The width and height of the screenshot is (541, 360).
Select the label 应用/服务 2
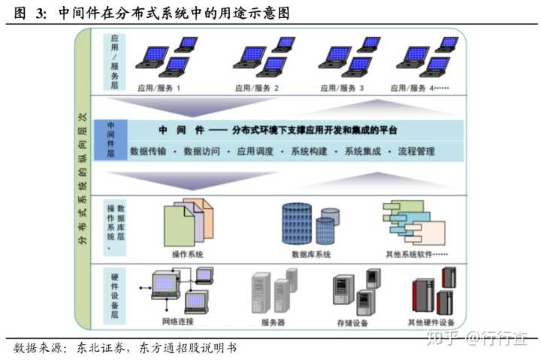(256, 88)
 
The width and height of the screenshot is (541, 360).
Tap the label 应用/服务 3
(342, 88)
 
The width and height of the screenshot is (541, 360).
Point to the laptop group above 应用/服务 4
(427, 57)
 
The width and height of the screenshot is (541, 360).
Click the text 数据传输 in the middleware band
(148, 151)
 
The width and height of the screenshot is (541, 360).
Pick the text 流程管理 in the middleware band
(416, 151)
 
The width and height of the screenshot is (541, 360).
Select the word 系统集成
(363, 151)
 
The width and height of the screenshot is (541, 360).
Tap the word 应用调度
(255, 151)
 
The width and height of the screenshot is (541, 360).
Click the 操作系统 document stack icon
(184, 222)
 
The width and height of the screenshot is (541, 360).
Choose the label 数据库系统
(311, 254)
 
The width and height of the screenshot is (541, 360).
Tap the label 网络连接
(178, 322)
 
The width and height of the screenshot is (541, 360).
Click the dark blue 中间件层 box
(111, 140)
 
